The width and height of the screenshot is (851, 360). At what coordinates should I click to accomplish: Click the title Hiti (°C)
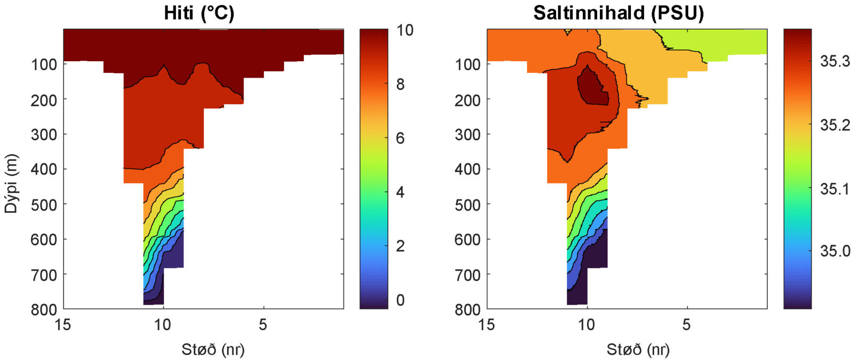click(x=199, y=13)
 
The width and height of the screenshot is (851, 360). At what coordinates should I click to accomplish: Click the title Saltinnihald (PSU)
click(x=619, y=13)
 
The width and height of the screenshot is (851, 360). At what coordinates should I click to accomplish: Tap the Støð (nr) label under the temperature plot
click(x=213, y=349)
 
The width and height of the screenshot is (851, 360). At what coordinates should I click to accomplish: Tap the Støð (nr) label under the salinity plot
click(x=638, y=349)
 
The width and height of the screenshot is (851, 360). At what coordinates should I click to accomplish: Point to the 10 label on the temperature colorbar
click(x=405, y=30)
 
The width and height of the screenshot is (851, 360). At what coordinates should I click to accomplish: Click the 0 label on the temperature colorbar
click(x=400, y=300)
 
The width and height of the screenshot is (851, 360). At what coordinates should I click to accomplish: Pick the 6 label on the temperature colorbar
click(x=400, y=138)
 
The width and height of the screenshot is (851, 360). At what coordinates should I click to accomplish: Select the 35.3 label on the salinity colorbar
click(x=835, y=62)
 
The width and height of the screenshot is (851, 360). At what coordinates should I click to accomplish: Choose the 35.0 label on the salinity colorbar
click(x=835, y=251)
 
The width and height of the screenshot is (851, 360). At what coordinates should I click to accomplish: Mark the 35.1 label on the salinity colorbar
click(x=835, y=189)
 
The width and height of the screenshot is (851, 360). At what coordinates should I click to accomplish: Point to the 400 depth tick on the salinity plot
click(x=468, y=169)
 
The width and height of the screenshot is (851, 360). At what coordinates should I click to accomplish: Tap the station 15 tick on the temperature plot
click(x=63, y=324)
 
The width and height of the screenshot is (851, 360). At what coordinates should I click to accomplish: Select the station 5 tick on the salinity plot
click(x=687, y=324)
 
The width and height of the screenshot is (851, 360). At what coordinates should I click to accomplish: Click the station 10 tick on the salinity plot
click(x=587, y=324)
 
